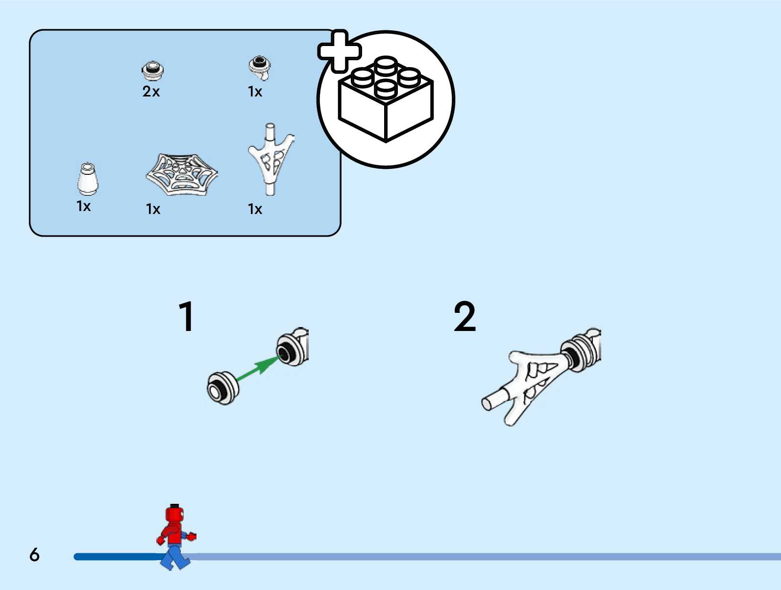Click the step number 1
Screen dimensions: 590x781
(186, 316)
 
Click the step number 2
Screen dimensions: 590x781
(464, 316)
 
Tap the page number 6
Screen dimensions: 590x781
(34, 554)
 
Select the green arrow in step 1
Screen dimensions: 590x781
(256, 368)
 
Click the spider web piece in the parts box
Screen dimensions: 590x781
(182, 174)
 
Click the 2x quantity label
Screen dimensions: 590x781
(151, 92)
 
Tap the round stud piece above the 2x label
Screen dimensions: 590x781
(153, 71)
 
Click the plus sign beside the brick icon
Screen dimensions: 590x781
(340, 51)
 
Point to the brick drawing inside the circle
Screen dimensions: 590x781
(386, 100)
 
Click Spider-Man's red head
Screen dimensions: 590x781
(174, 515)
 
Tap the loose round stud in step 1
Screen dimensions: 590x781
(222, 387)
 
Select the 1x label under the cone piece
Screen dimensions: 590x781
(84, 207)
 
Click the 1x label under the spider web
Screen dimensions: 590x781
(153, 210)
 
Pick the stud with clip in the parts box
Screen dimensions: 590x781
(260, 67)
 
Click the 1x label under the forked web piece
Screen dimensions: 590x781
(255, 210)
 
